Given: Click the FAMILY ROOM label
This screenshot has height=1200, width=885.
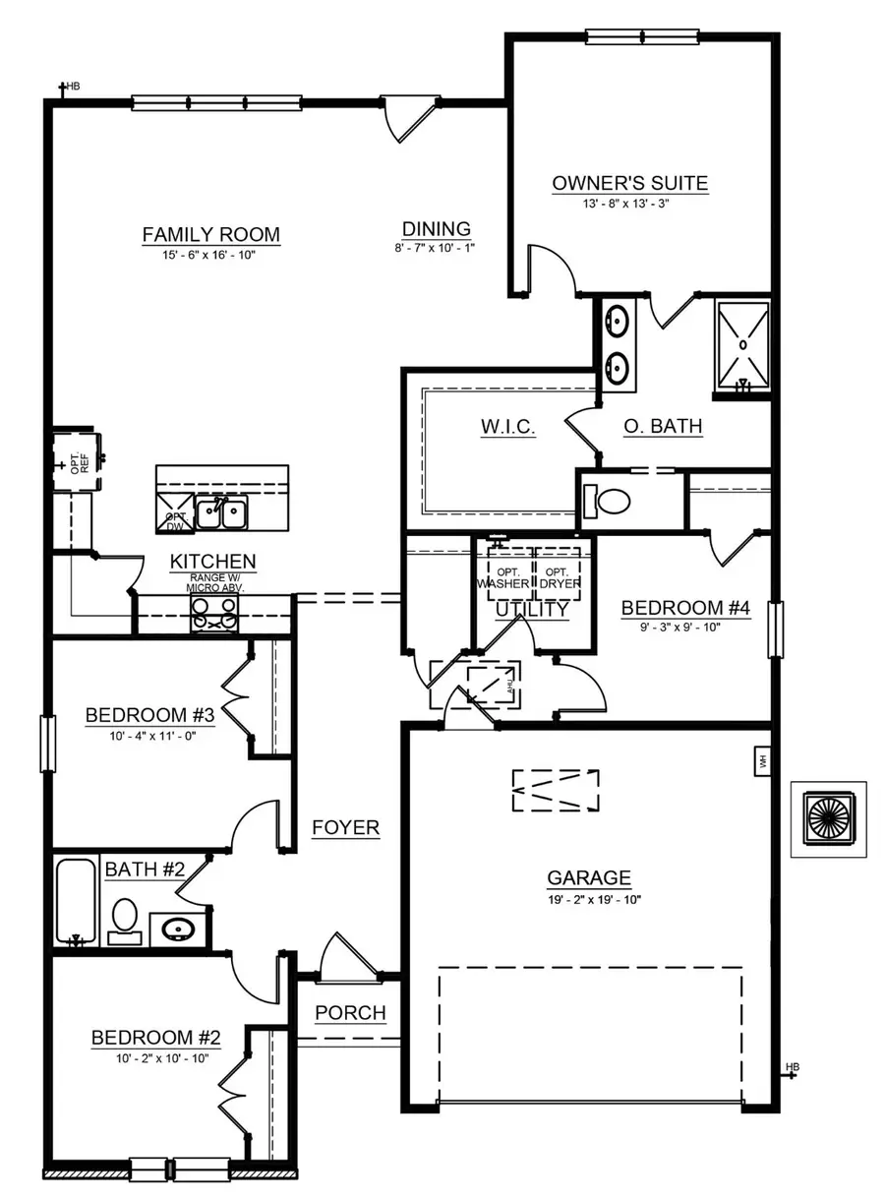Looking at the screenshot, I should click(x=210, y=235).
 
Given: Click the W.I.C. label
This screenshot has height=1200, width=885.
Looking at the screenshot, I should click(x=507, y=427).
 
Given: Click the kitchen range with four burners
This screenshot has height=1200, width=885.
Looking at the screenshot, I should click(x=213, y=614).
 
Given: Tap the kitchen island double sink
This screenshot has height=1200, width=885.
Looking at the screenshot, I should click(x=222, y=512).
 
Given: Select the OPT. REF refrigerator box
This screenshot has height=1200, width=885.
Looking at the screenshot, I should click(x=76, y=458).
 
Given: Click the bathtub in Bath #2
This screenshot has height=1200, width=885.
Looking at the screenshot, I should click(x=76, y=900).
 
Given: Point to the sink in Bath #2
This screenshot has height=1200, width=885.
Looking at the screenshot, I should click(x=178, y=928).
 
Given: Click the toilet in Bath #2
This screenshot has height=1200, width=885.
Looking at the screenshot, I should click(x=125, y=917).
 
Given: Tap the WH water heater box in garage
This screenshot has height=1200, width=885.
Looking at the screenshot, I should click(x=762, y=760).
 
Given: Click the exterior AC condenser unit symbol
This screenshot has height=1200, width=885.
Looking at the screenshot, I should click(x=829, y=814).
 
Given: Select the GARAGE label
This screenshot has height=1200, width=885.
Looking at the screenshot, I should click(x=589, y=878).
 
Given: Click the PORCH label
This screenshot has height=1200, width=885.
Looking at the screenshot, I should click(x=349, y=1013).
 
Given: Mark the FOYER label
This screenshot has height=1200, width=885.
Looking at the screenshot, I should click(x=345, y=828).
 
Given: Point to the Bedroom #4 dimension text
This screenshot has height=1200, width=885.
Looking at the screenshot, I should click(x=685, y=629).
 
